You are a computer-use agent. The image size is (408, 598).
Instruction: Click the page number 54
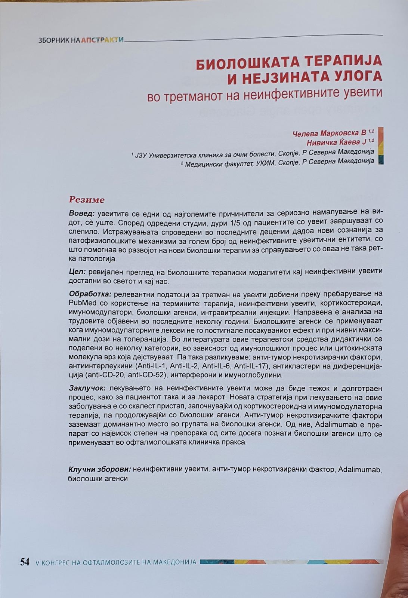point(25,562)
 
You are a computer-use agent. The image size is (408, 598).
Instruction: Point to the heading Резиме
point(87,200)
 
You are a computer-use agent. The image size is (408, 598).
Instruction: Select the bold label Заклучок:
point(87,389)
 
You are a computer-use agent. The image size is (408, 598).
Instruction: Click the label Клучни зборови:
point(99,469)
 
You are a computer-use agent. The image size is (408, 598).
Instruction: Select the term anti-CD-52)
point(145,375)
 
